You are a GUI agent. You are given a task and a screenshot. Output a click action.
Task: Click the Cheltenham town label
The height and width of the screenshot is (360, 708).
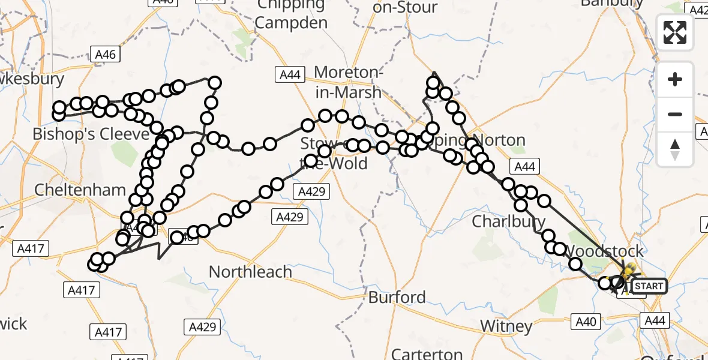pyautogui.click(x=80, y=190)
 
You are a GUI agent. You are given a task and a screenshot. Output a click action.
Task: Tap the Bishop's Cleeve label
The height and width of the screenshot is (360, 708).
pyautogui.click(x=90, y=133)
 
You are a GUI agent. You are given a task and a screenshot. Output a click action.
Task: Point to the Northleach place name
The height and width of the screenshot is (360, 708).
pyautogui.click(x=250, y=272)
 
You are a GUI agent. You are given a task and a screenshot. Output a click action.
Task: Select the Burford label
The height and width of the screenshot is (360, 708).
pyautogui.click(x=397, y=297)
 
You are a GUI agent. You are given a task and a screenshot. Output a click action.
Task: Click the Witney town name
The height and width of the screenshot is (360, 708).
pyautogui.click(x=506, y=326)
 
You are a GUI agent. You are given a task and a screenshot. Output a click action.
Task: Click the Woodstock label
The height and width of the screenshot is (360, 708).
pyautogui.click(x=605, y=251)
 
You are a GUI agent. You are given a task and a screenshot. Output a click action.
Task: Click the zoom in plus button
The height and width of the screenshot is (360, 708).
pyautogui.click(x=675, y=79)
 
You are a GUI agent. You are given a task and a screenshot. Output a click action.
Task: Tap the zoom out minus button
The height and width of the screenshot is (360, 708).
pyautogui.click(x=675, y=114)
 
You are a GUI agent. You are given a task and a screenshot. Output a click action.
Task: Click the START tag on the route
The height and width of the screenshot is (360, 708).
pyautogui.click(x=649, y=286)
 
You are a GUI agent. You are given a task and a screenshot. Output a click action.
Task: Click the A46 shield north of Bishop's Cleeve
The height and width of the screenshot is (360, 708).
pyautogui.click(x=104, y=55)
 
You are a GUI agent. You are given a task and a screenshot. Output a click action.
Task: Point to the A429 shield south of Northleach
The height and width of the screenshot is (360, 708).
pyautogui.click(x=197, y=327)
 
